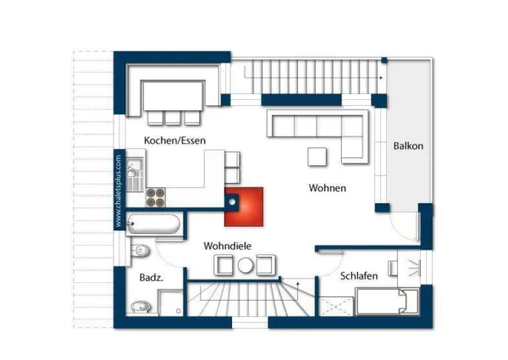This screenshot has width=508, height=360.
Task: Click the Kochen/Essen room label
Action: (x=175, y=140)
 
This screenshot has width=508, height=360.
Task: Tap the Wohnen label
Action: (x=327, y=188)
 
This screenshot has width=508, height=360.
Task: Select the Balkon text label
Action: (x=407, y=146)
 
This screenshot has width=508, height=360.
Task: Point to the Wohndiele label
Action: (x=228, y=246)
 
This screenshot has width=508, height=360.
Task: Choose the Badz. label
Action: (x=151, y=277)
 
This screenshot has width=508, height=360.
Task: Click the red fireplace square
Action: (x=245, y=206)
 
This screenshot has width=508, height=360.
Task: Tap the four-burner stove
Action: (x=157, y=197)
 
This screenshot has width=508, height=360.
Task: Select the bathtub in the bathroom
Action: (x=154, y=224)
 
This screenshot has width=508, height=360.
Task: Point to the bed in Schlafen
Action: (x=386, y=302)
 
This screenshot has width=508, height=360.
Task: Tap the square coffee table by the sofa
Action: (x=317, y=157)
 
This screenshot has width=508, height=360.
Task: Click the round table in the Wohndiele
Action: (x=246, y=266)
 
